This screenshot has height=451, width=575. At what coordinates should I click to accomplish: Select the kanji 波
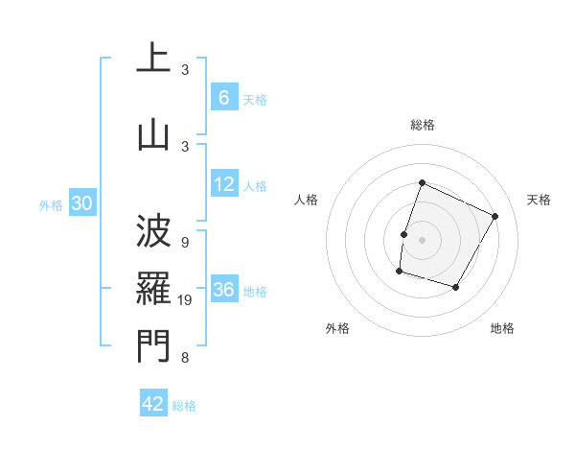(153, 231)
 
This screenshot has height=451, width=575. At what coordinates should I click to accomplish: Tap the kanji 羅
(153, 288)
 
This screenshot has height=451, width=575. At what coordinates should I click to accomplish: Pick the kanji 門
(153, 345)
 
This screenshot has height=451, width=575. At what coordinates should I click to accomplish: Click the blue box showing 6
(223, 97)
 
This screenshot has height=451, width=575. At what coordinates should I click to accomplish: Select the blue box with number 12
(224, 184)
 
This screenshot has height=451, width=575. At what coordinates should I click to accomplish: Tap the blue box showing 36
(224, 290)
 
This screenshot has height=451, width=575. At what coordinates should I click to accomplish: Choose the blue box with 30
(82, 203)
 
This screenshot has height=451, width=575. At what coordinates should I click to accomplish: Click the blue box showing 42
(153, 404)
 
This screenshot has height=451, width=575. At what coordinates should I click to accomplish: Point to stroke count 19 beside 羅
(188, 301)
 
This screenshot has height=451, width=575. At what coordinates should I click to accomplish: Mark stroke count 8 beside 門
(185, 358)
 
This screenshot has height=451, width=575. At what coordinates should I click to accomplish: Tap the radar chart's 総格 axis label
(423, 125)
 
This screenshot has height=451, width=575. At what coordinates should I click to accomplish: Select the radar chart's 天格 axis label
(540, 200)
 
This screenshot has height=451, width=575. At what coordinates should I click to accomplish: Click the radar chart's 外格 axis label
(337, 328)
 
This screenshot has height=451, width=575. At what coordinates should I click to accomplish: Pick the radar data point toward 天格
(495, 216)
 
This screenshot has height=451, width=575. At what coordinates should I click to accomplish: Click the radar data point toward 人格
(404, 234)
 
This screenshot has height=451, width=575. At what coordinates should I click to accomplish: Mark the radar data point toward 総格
(422, 183)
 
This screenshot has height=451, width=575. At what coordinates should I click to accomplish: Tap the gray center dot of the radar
(422, 240)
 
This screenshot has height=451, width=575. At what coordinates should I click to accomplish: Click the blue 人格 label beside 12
(255, 186)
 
